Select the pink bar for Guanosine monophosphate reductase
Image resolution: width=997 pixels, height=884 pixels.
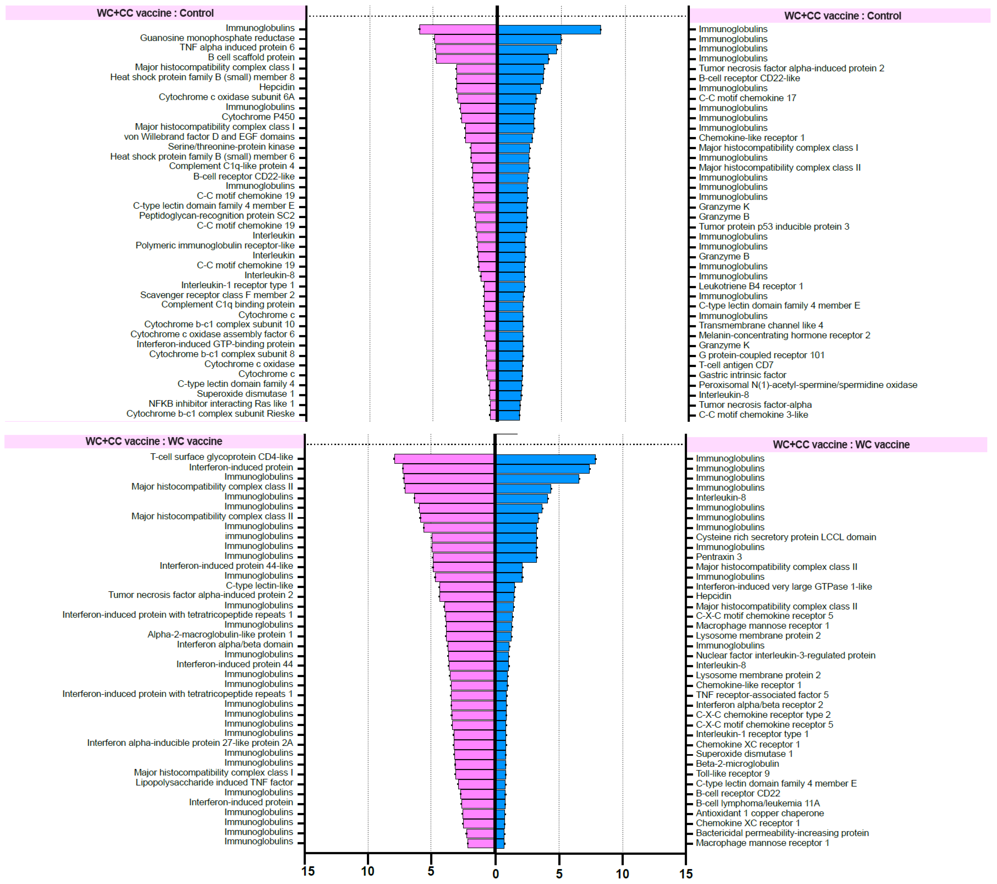465,39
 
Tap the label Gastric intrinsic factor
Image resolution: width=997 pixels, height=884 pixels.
742,375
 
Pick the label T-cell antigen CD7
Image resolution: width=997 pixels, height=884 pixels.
736,365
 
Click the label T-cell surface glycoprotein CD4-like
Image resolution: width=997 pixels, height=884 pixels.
221,457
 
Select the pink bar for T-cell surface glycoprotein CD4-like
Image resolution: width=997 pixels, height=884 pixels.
444,459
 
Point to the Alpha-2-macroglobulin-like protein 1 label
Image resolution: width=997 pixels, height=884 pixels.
220,634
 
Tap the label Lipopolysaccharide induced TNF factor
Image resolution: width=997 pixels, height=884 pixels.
214,783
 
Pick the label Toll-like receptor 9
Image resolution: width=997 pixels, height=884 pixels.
733,773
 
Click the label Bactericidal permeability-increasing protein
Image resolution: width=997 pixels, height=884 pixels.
782,833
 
